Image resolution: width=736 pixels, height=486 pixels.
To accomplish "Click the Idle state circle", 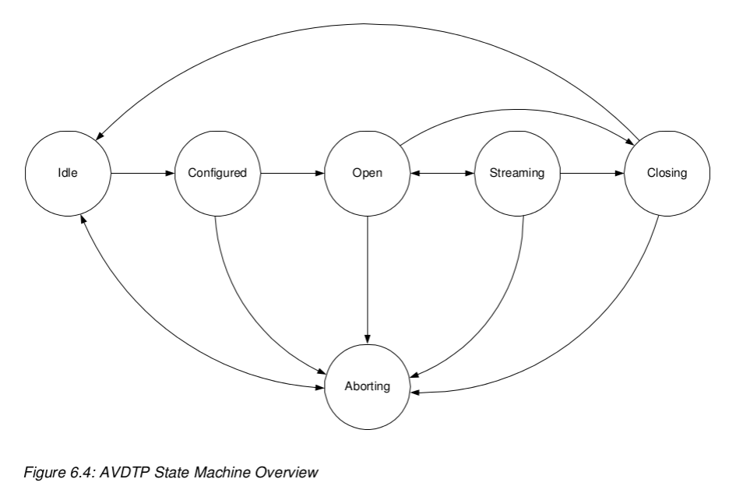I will click(68, 173).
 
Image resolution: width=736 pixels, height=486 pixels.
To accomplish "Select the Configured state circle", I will click(217, 173).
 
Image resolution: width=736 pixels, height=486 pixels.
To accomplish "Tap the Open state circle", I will click(367, 173).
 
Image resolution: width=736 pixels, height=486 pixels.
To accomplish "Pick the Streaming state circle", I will click(517, 173).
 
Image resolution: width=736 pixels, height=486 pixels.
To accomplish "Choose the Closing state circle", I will click(667, 173).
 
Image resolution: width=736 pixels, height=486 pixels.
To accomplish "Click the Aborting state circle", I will click(367, 386).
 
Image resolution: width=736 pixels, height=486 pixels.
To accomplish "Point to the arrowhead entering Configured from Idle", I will click(171, 173).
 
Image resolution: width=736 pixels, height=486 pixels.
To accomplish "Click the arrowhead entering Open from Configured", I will click(321, 173).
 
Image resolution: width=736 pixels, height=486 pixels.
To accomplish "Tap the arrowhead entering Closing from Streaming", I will click(621, 173).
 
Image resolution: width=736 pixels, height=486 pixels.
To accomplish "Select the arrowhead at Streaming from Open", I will click(470, 173).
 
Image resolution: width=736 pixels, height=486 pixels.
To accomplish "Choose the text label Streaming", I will click(517, 173).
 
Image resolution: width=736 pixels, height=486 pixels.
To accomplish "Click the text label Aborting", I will click(367, 386).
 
